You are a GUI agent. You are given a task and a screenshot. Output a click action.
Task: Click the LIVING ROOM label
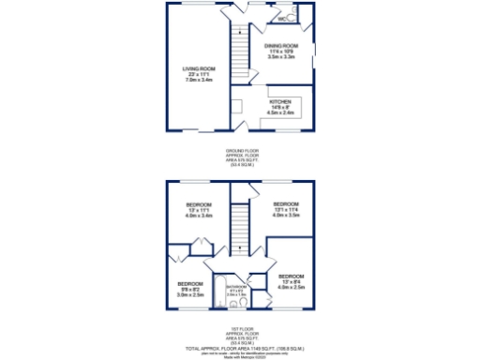click(x=198, y=68)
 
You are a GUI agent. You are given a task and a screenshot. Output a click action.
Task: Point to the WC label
click(x=281, y=18)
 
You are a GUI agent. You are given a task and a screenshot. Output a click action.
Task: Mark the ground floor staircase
click(x=240, y=55)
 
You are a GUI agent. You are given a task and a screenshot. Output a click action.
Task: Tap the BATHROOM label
click(x=235, y=287)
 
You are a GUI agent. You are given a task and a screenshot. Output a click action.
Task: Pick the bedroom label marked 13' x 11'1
click(x=199, y=204)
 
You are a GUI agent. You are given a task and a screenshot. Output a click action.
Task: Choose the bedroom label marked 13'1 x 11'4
click(x=285, y=204)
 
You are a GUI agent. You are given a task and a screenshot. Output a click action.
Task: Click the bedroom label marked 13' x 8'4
click(x=291, y=276)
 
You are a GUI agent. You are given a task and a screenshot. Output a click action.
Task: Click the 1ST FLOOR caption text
click(x=240, y=328)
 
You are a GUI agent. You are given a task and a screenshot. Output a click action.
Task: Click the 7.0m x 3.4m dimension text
click(x=198, y=80)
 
